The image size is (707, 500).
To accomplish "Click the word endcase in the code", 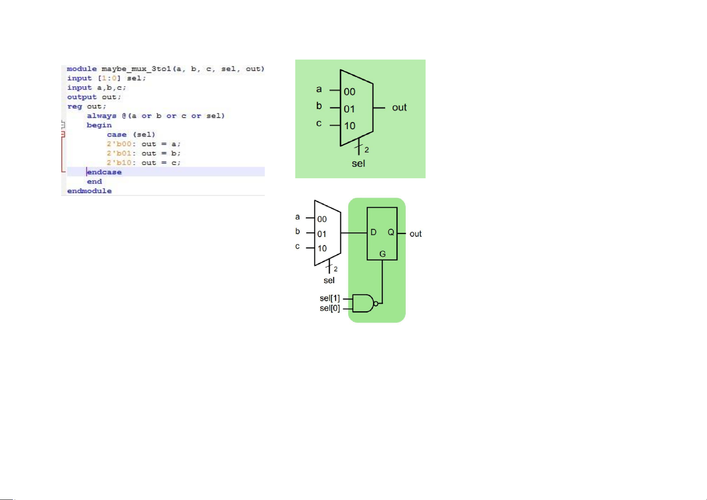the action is pos(104,172).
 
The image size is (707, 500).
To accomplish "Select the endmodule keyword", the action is pos(89,191).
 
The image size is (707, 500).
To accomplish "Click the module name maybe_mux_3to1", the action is pos(136,69).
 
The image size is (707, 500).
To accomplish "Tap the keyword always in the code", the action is pos(102,116).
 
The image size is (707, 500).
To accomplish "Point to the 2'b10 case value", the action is pos(119,163).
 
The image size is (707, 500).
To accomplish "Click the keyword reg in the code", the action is pos(75,107).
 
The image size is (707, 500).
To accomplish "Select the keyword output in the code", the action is pos(82,97).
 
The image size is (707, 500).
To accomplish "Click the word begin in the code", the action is pos(99,125).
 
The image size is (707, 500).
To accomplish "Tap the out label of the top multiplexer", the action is pos(399,107).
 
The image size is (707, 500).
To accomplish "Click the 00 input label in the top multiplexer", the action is pos(350,92).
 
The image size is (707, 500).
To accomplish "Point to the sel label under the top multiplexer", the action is pos(358,164).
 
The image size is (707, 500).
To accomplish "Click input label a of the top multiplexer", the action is pos(319,89).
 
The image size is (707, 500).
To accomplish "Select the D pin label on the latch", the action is pos(373,232).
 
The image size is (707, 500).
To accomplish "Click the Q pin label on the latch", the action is pos(391,232).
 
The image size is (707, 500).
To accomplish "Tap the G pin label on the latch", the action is pos(383,254).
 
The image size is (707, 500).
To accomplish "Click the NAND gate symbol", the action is pos(365,303).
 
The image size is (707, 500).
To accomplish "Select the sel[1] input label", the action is pos(330,298).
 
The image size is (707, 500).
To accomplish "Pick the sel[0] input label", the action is pos(330,308).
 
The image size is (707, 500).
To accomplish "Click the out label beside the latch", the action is pos(416,234).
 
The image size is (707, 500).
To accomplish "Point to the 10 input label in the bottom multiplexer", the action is pos(322,249).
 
